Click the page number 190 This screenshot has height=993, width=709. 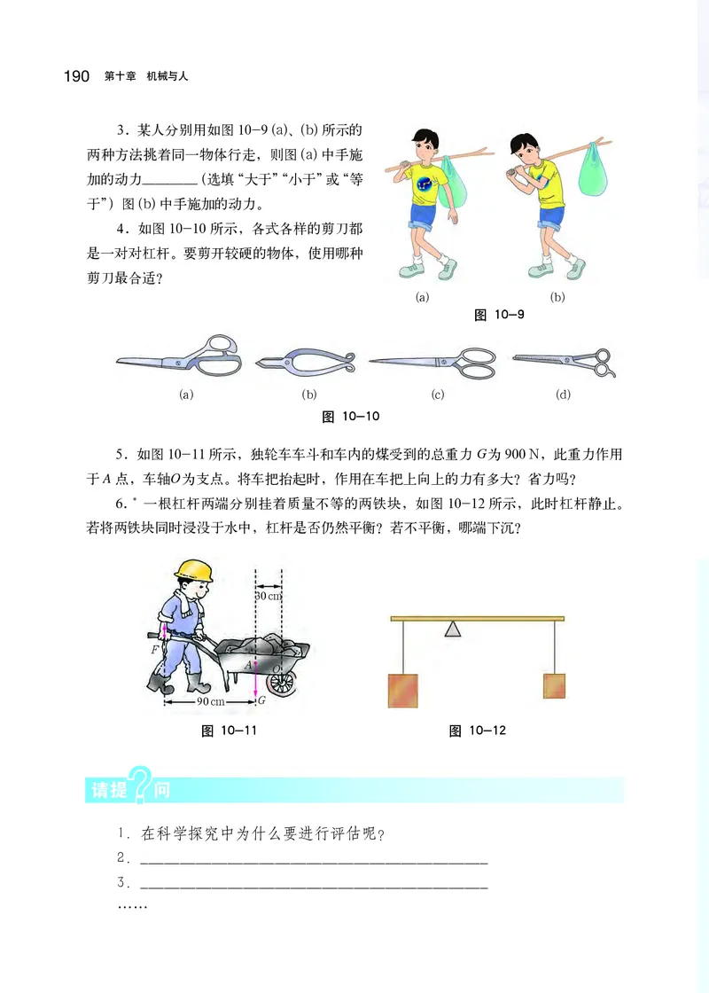(76, 77)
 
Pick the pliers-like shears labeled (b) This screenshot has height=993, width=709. (307, 361)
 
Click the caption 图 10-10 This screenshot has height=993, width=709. (350, 415)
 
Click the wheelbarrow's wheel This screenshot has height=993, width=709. (280, 682)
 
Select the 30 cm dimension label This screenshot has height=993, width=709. (268, 596)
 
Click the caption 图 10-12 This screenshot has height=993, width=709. (477, 731)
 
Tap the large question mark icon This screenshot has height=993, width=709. (141, 785)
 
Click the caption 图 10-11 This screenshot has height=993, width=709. (229, 731)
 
